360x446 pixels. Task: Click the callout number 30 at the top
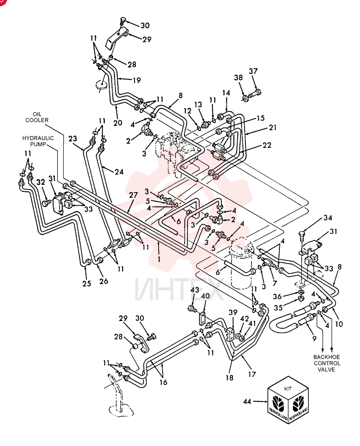(145, 25)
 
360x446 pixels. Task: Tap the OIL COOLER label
(37, 117)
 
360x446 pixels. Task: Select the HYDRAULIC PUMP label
(38, 141)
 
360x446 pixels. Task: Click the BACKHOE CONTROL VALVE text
(327, 363)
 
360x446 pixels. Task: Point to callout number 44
(247, 401)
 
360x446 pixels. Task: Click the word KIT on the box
(287, 388)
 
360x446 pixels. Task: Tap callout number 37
(253, 71)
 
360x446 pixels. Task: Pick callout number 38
(238, 77)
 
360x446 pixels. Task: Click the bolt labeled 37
(255, 93)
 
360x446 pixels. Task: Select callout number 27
(133, 195)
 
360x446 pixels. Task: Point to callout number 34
(327, 218)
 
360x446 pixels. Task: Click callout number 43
(195, 290)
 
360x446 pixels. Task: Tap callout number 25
(87, 283)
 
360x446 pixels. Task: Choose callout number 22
(266, 145)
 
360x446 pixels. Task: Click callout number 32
(41, 182)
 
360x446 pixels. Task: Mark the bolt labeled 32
(46, 203)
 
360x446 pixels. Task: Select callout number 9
(314, 339)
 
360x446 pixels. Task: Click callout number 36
(277, 297)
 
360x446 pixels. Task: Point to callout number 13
(198, 104)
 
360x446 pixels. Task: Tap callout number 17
(252, 374)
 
